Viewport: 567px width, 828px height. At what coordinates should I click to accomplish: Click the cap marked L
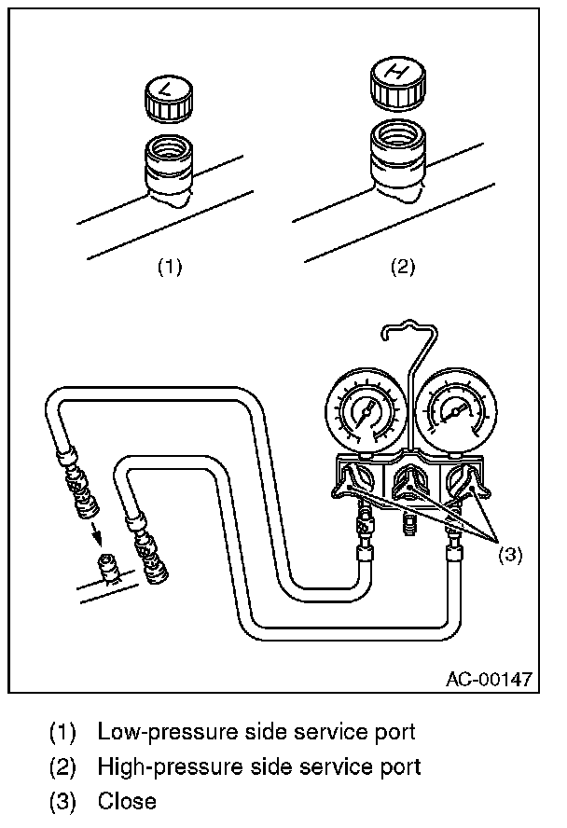(169, 99)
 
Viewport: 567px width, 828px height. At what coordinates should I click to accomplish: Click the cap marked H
(398, 83)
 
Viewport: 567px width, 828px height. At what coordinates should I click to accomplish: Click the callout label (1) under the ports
(169, 268)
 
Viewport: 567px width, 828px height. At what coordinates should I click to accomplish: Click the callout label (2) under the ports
(401, 268)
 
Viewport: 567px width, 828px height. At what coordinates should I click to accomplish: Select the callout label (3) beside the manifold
(509, 554)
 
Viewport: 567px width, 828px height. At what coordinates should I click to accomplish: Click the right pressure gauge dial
(454, 411)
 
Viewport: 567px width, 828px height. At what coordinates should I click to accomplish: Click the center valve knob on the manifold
(408, 483)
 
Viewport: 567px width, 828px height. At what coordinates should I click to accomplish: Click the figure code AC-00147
(488, 678)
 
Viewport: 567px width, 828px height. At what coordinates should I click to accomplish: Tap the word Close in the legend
(127, 800)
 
